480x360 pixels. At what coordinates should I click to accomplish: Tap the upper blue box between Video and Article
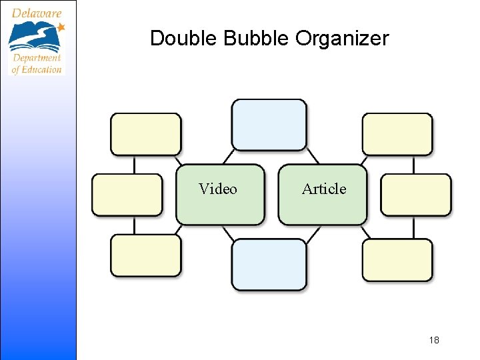pyautogui.click(x=269, y=125)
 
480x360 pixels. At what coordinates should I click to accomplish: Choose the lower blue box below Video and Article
pyautogui.click(x=269, y=265)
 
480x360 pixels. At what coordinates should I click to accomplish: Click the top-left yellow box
pyautogui.click(x=145, y=134)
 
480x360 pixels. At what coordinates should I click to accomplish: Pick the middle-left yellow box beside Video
pyautogui.click(x=127, y=195)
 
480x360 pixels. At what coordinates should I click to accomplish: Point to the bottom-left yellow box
pyautogui.click(x=145, y=255)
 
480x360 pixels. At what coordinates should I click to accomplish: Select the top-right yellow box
pyautogui.click(x=397, y=134)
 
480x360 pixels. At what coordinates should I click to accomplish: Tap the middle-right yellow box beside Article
pyautogui.click(x=415, y=195)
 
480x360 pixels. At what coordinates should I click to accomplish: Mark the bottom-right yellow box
pyautogui.click(x=397, y=260)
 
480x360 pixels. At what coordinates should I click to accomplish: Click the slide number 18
pyautogui.click(x=434, y=341)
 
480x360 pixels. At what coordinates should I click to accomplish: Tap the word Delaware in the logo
pyautogui.click(x=37, y=13)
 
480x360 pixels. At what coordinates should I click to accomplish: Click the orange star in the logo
pyautogui.click(x=61, y=27)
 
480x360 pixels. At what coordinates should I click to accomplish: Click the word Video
pyautogui.click(x=217, y=189)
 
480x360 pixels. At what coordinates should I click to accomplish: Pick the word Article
pyautogui.click(x=324, y=189)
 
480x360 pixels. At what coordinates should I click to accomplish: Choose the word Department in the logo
pyautogui.click(x=36, y=59)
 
